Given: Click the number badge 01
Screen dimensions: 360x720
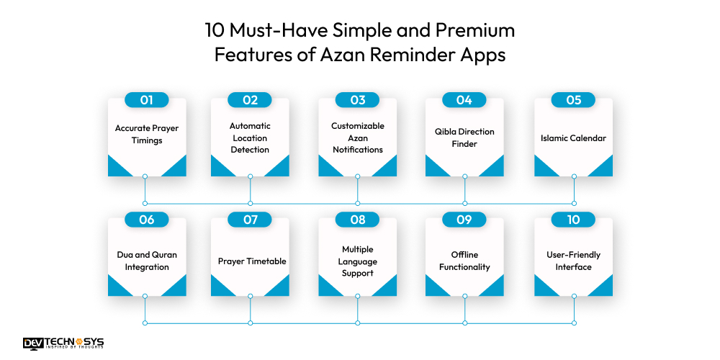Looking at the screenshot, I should [147, 100].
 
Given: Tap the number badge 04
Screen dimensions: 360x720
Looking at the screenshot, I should [464, 100].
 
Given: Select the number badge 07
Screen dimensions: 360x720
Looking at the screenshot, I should [250, 220].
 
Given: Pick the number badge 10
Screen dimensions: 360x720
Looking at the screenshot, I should [573, 220].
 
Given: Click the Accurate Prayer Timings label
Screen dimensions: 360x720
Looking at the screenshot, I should [147, 135].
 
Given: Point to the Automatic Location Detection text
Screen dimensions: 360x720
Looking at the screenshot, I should [250, 138].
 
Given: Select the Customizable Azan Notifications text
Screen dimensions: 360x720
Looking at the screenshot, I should [358, 138].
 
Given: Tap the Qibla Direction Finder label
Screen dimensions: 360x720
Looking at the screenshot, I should [464, 138].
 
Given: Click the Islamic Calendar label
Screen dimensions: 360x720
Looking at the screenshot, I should [573, 138].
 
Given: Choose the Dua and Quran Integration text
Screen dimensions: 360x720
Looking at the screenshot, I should [147, 261].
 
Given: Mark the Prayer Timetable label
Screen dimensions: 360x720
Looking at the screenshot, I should [250, 261].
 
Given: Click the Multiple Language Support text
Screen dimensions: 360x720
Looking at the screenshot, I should [358, 261].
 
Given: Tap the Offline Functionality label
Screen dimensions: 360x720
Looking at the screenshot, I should [464, 261].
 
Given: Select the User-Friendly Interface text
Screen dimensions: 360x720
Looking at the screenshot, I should [573, 261].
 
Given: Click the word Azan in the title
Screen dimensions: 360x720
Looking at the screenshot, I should [330, 55].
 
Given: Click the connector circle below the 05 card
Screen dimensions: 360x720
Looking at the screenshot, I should [574, 176].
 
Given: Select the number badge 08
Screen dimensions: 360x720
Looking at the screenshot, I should [358, 220].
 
